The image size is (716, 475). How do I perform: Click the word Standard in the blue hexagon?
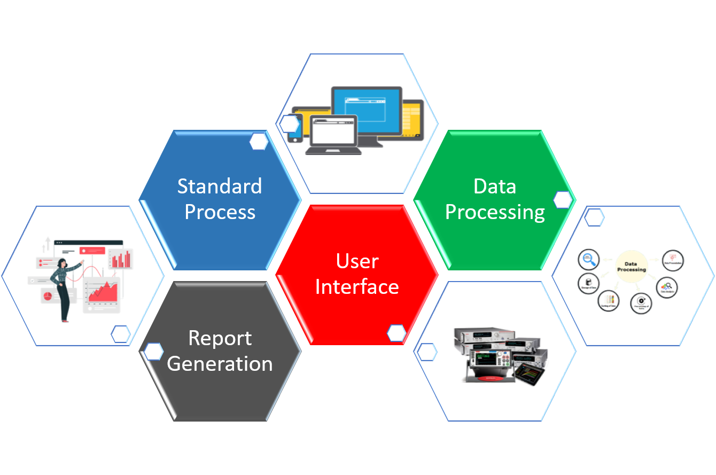220,186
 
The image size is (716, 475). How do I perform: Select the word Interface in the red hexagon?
357,287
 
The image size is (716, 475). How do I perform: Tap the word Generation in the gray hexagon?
220,364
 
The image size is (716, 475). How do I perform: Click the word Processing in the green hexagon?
495,212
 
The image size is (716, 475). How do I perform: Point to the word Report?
220,338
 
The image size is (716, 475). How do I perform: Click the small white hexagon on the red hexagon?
396,333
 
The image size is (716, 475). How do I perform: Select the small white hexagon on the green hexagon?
563,200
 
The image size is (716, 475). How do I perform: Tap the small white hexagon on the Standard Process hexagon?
259,142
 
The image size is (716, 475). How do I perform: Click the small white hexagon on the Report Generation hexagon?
154,352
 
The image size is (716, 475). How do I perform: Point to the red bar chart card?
121,259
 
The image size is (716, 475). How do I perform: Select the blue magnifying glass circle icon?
589,260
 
